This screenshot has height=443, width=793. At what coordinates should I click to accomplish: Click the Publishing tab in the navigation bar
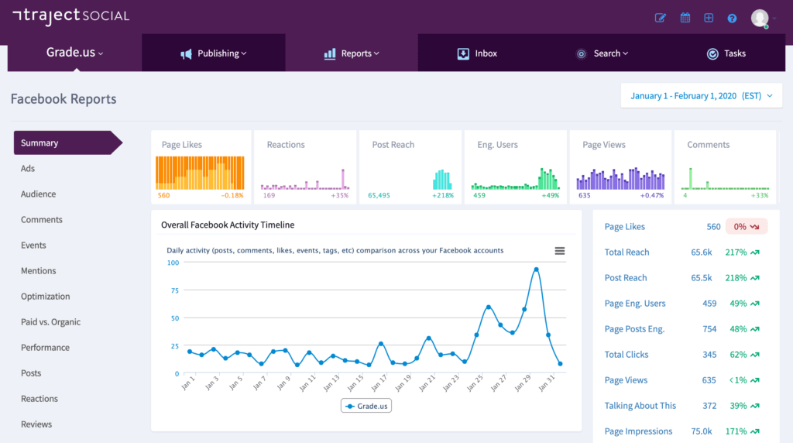pyautogui.click(x=214, y=53)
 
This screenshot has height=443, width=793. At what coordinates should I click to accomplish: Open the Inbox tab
pyautogui.click(x=477, y=53)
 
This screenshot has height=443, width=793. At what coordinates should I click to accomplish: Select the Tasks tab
pyautogui.click(x=726, y=53)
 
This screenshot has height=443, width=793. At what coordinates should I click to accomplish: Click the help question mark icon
pyautogui.click(x=732, y=19)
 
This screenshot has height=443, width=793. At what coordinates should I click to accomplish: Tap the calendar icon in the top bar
pyautogui.click(x=685, y=18)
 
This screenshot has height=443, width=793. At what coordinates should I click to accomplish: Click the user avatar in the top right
pyautogui.click(x=760, y=19)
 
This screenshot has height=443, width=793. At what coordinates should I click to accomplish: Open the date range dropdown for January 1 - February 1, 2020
pyautogui.click(x=702, y=95)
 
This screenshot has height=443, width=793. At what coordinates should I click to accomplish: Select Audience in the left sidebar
pyautogui.click(x=39, y=194)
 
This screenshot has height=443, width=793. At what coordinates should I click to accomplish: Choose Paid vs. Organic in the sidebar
pyautogui.click(x=50, y=321)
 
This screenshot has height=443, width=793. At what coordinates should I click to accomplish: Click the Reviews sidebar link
pyautogui.click(x=36, y=424)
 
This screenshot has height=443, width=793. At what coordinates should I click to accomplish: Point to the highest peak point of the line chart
pyautogui.click(x=536, y=270)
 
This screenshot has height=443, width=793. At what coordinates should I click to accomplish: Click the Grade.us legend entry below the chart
pyautogui.click(x=366, y=406)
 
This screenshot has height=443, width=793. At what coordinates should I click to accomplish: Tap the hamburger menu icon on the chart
pyautogui.click(x=559, y=251)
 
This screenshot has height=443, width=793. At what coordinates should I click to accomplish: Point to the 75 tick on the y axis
pyautogui.click(x=175, y=290)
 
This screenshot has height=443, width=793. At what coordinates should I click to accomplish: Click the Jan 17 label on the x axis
pyautogui.click(x=379, y=383)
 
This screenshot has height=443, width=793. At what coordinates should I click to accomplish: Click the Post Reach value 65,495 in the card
pyautogui.click(x=379, y=195)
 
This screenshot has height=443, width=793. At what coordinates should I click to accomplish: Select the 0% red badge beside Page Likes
pyautogui.click(x=747, y=227)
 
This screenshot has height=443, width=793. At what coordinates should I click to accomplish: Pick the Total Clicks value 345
pyautogui.click(x=709, y=355)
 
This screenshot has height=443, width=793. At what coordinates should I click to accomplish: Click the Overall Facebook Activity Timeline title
pyautogui.click(x=228, y=225)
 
